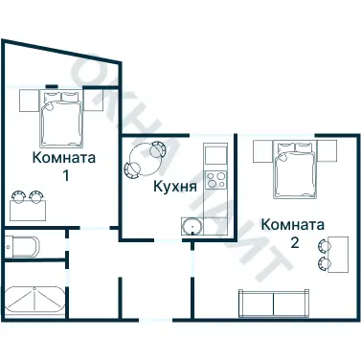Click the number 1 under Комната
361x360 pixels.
coord(64,175)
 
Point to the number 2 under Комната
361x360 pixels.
coord(295,242)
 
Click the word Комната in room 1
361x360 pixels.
coord(64,157)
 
